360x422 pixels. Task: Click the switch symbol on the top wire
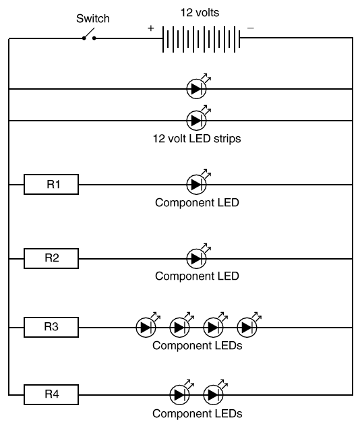[x=89, y=35]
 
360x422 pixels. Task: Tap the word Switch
[x=93, y=19]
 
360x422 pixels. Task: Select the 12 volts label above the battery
[x=200, y=12]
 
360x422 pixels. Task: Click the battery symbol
[x=202, y=39]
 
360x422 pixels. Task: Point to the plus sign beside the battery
[x=150, y=28]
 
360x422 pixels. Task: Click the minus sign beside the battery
[x=251, y=28]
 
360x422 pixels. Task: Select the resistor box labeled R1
[x=51, y=184]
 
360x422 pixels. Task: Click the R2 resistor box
[x=51, y=258]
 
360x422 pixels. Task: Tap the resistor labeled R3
[x=51, y=327]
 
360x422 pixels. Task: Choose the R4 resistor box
[x=51, y=394]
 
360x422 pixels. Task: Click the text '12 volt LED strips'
[x=197, y=139]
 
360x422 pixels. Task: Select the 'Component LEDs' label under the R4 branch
[x=198, y=413]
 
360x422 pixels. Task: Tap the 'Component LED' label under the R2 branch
[x=197, y=276]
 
